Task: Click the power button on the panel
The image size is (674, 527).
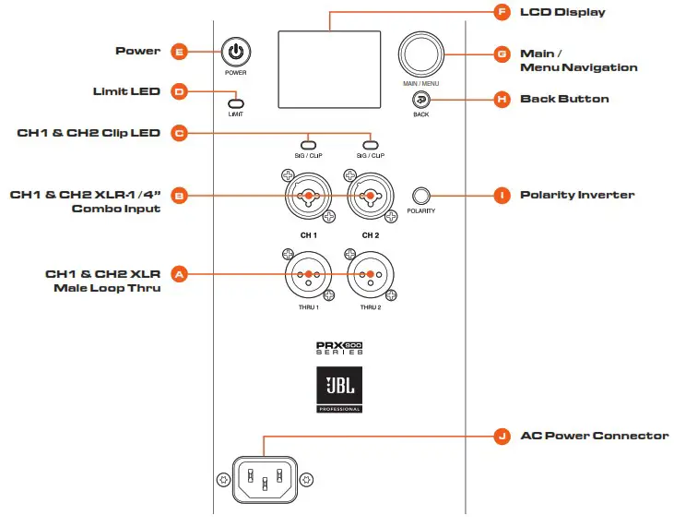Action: (x=236, y=52)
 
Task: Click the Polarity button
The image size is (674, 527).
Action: (x=421, y=195)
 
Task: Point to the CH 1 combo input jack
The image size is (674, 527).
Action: (x=309, y=196)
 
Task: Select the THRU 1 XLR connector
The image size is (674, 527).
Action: (x=309, y=274)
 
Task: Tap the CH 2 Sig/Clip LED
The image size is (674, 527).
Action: (x=371, y=144)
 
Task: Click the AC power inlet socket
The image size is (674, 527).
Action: (x=264, y=479)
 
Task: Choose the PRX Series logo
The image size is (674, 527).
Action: (x=338, y=350)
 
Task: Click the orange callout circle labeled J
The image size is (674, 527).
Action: (x=502, y=437)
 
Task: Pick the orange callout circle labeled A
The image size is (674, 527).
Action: (x=180, y=274)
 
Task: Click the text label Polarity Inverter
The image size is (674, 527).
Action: (x=577, y=195)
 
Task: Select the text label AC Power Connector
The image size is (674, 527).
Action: (x=594, y=436)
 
